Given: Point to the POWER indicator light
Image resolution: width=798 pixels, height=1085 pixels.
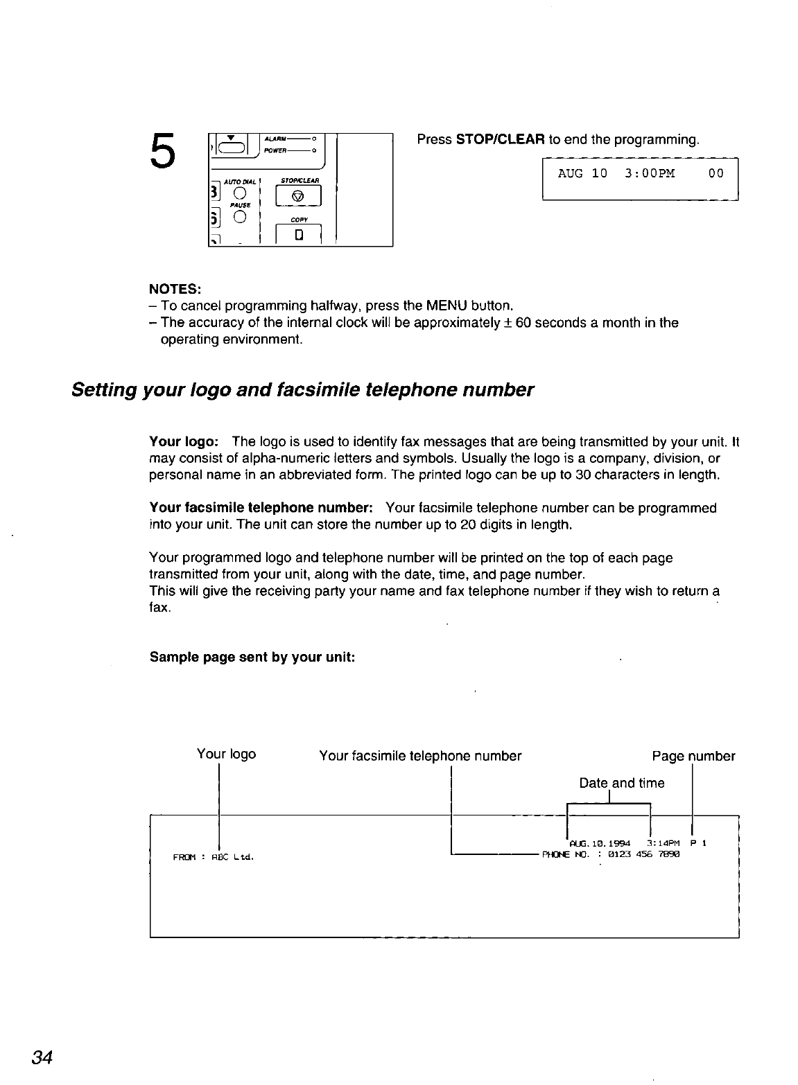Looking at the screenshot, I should (314, 150).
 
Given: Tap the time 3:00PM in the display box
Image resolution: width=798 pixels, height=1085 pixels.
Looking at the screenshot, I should (649, 173).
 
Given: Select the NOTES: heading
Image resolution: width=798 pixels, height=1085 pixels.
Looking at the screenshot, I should (175, 288).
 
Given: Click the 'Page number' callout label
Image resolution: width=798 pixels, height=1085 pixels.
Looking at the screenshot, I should (693, 756).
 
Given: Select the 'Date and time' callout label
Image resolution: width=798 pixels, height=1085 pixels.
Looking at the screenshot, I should (621, 783).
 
